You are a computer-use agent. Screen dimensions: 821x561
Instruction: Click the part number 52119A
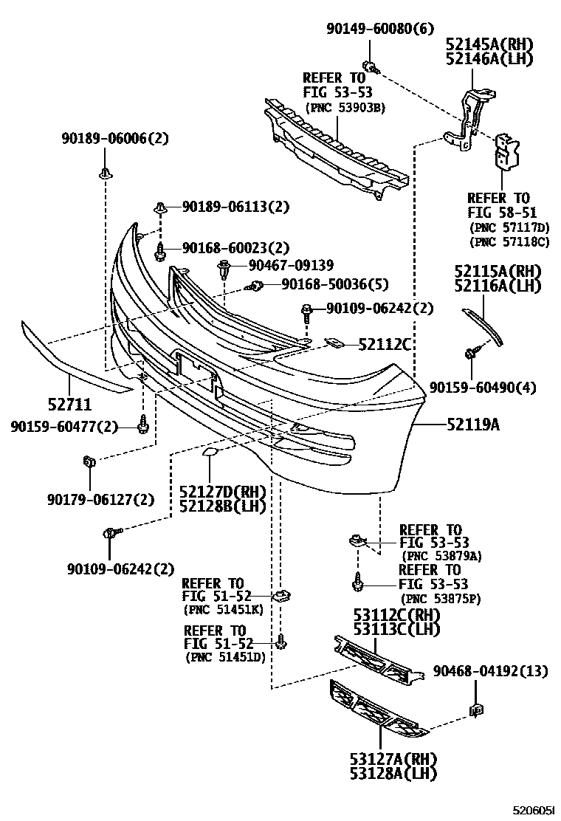point(472,425)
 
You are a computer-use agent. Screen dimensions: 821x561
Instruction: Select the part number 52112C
point(384,344)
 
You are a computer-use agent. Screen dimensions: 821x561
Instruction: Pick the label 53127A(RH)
point(383,758)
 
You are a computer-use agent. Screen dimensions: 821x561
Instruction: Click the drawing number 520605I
point(533,810)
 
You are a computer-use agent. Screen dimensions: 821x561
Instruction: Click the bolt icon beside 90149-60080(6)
point(371,68)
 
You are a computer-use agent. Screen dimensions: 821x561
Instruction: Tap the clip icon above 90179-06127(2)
point(89,463)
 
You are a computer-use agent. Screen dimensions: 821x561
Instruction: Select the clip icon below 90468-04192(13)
point(476,711)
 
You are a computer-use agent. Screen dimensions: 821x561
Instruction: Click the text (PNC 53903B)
point(344,108)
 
